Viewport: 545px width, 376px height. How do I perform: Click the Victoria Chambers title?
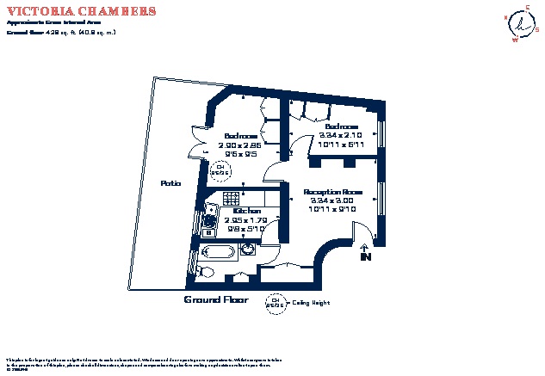coord(82,11)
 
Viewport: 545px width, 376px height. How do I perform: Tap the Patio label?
coord(170,182)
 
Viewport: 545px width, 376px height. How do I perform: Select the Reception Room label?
coord(332,191)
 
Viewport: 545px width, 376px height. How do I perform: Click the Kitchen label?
coord(247,211)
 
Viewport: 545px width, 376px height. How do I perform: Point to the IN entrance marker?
coord(365,254)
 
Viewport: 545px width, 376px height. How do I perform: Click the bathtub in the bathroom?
coord(216,252)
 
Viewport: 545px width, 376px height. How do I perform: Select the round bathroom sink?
coord(248,250)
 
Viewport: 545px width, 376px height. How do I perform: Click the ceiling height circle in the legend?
coord(276,303)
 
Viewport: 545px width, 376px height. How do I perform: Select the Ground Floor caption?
coord(215,300)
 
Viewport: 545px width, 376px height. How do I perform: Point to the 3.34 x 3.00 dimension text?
coord(332,200)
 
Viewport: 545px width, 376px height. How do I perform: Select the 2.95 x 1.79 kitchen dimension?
coord(247,219)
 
